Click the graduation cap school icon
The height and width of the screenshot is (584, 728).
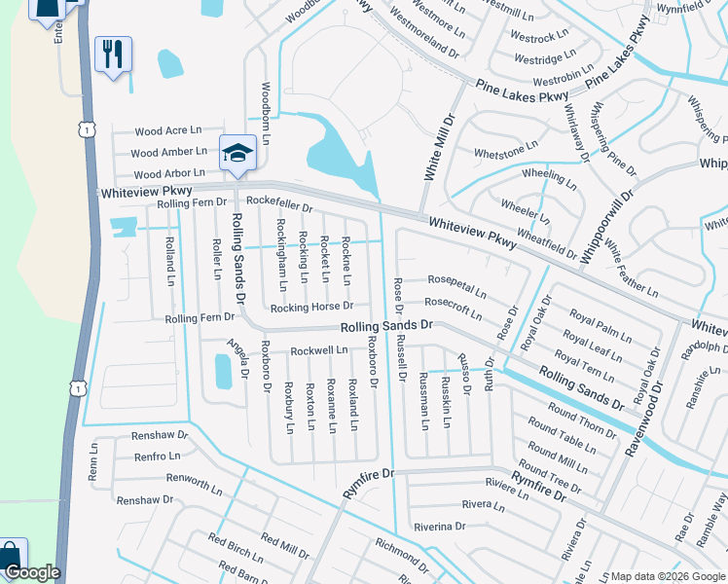[x=237, y=153]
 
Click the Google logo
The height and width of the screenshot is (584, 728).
[x=31, y=572]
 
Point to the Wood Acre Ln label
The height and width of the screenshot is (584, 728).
[x=167, y=130]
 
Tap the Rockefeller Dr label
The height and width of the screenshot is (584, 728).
[x=278, y=206]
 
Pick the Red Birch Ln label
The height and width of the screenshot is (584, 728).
[x=235, y=548]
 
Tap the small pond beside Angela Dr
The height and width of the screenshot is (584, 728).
[x=223, y=371]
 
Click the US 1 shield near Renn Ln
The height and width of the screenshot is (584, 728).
[x=76, y=388]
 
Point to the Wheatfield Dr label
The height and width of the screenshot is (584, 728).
[x=547, y=239]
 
